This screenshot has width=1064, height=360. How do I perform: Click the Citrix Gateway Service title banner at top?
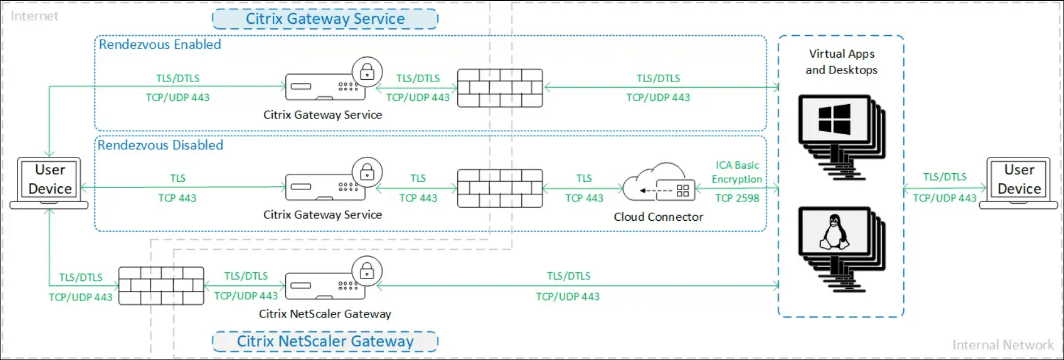[x=325, y=19]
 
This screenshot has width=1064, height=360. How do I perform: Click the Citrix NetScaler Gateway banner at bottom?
[x=325, y=341]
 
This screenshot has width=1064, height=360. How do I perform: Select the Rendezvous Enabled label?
[x=160, y=45]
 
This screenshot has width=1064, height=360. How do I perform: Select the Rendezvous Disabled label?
[x=160, y=145]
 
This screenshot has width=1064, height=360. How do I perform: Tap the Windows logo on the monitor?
[x=834, y=119]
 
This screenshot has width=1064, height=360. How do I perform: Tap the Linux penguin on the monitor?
[x=834, y=232]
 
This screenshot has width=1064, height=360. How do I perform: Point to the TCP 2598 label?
[x=737, y=198]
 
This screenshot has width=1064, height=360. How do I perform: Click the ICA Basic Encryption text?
[x=737, y=172]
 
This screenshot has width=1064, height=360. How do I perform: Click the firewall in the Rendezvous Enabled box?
[x=500, y=88]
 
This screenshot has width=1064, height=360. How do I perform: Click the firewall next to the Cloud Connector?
[x=500, y=188]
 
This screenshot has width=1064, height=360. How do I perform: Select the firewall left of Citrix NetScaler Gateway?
[x=161, y=286]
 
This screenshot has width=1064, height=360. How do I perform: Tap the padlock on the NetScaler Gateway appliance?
[x=367, y=271]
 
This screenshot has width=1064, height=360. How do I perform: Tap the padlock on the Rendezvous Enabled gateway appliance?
[x=367, y=72]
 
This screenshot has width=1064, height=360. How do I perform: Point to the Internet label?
[x=35, y=16]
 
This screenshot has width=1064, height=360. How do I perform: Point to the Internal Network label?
[x=1003, y=345]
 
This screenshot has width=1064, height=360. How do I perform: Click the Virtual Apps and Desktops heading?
[x=842, y=62]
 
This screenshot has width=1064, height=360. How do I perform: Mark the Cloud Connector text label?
[x=658, y=217]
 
